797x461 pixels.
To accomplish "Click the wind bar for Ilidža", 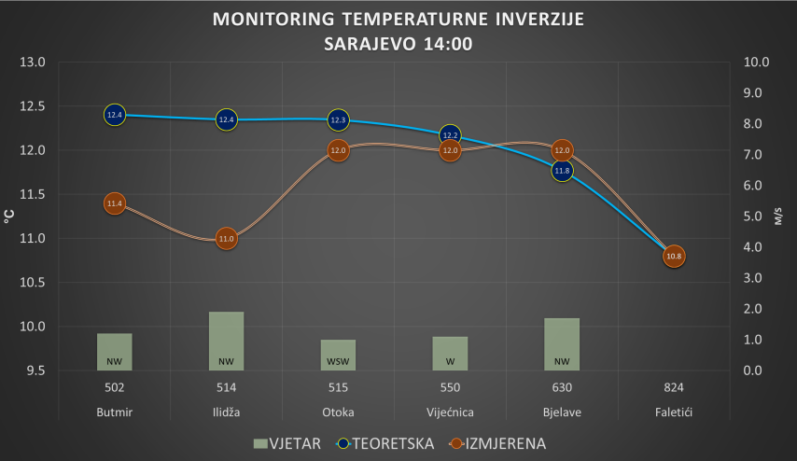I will pyautogui.click(x=226, y=341).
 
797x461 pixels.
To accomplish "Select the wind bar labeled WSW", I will pyautogui.click(x=338, y=355).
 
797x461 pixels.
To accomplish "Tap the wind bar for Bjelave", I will pyautogui.click(x=562, y=343).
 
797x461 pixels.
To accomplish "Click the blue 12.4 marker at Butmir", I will pyautogui.click(x=115, y=115).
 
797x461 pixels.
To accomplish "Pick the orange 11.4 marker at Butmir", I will pyautogui.click(x=115, y=203).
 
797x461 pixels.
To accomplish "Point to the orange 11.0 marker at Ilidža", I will pyautogui.click(x=226, y=239).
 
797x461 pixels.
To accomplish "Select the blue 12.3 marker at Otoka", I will pyautogui.click(x=338, y=119).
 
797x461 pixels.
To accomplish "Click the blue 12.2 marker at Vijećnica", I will pyautogui.click(x=450, y=135).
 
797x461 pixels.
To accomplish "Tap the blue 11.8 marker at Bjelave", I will pyautogui.click(x=562, y=171).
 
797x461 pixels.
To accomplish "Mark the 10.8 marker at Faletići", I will pyautogui.click(x=674, y=256).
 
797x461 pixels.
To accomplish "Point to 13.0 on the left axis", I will pyautogui.click(x=33, y=63).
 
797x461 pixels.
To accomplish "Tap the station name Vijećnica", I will pyautogui.click(x=450, y=412).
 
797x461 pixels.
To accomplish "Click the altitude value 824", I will pyautogui.click(x=674, y=387).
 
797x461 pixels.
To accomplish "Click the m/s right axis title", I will pyautogui.click(x=777, y=217).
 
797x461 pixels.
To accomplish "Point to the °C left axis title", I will pyautogui.click(x=10, y=217).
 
